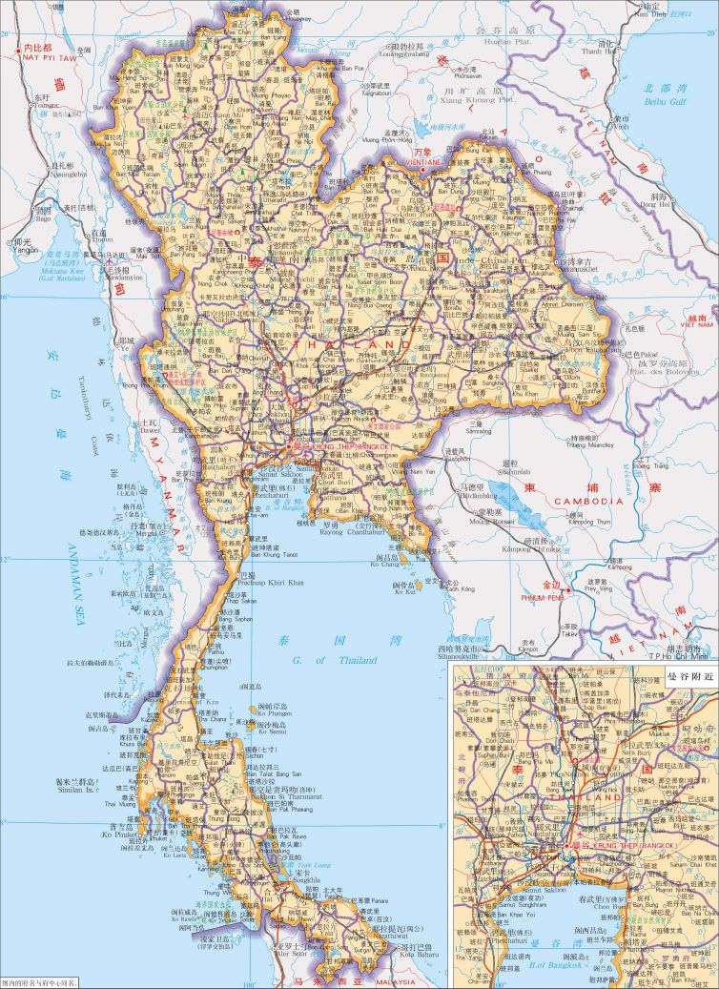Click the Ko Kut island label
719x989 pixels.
tap(406, 593)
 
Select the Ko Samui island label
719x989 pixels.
tap(272, 731)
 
